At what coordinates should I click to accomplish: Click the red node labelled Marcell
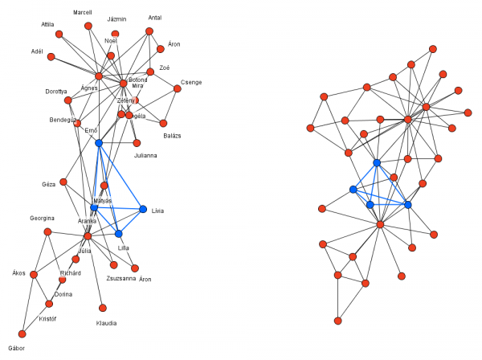coord(88,26)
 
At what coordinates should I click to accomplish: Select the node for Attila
coord(59,35)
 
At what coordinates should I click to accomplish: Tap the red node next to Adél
coord(51,57)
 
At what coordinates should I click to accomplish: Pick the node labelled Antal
coord(149,31)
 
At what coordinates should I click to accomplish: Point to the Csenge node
coord(178,90)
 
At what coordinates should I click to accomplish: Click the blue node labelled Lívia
coord(143,210)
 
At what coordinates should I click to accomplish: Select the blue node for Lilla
coord(118,234)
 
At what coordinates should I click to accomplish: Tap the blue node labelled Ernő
coord(99,143)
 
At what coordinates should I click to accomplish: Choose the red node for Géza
coord(63,182)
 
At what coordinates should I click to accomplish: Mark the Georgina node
coord(47,231)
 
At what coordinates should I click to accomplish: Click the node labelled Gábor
coord(22,334)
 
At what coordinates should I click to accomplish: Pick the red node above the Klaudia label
coord(102,308)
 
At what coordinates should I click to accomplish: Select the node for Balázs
coord(164,124)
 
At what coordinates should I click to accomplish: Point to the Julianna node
coord(137,143)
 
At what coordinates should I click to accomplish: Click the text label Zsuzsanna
coord(121,278)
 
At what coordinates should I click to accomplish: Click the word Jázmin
coord(117,18)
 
